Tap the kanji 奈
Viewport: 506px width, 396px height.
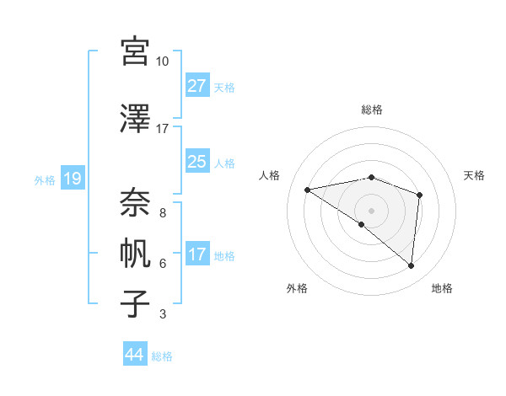coord(135,201)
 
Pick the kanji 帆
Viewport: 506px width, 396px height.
coord(135,253)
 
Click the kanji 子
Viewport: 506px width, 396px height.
coord(135,303)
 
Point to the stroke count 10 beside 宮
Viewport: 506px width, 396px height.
coord(162,62)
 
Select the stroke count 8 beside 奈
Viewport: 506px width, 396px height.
coord(162,212)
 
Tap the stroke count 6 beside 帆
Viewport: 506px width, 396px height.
coord(162,264)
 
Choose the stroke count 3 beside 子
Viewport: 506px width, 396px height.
coord(162,314)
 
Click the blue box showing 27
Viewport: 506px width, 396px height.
coord(196,85)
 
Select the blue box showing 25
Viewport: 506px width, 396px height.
coord(196,162)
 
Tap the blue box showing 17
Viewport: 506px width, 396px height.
coord(196,254)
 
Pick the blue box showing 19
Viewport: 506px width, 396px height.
coord(72,179)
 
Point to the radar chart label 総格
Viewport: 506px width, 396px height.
coord(371,110)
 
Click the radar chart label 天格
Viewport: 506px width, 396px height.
coord(474,175)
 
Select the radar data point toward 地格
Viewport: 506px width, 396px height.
coord(411,266)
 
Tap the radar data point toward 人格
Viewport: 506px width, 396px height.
coord(308,190)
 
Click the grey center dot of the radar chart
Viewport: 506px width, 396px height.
coord(371,210)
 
